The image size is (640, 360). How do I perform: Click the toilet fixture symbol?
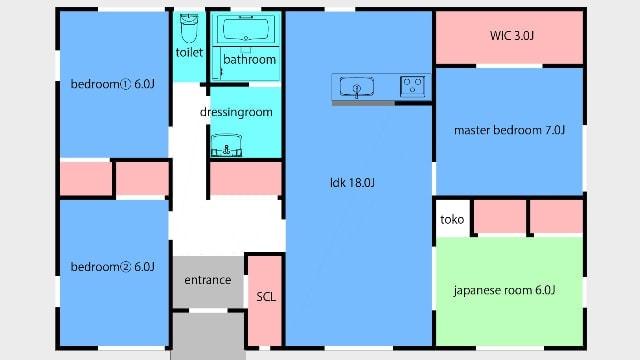[x=189, y=28]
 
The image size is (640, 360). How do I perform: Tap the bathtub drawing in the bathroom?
[x=246, y=29]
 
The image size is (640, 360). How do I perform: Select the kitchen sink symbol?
[x=356, y=87]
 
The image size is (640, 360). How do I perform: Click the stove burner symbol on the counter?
[x=412, y=86]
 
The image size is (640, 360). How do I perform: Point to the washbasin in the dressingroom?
[x=227, y=145]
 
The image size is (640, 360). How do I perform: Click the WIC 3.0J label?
[x=512, y=36]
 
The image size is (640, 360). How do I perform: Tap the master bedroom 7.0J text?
[x=509, y=130]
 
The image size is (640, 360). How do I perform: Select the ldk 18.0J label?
[x=352, y=182]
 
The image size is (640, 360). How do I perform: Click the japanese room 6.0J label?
[x=504, y=290]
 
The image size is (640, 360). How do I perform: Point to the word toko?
[x=452, y=220]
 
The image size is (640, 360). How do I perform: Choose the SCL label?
[x=266, y=297]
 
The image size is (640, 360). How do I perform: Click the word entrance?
[x=208, y=280]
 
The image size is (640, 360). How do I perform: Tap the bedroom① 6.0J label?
[x=113, y=84]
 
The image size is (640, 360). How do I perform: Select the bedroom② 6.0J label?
[x=113, y=267]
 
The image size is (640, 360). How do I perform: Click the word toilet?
[x=189, y=52]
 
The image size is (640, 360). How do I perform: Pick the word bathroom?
[x=249, y=60]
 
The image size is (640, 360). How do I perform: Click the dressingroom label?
[x=236, y=112]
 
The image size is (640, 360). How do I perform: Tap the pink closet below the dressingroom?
[x=246, y=179]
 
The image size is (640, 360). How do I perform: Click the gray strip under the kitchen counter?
[x=363, y=103]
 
